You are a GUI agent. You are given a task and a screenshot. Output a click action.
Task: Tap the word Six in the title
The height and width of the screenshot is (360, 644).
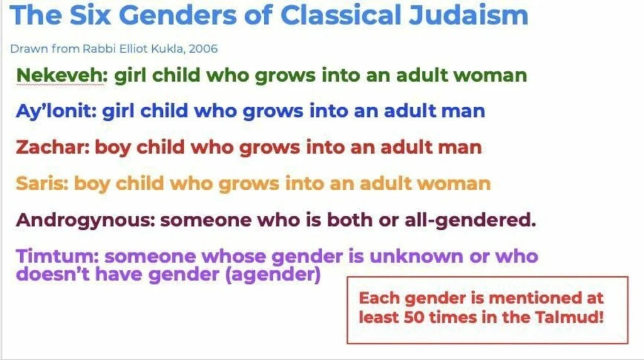(x=91, y=15)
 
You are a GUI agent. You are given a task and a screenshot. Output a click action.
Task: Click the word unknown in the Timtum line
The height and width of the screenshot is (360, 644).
(x=417, y=256)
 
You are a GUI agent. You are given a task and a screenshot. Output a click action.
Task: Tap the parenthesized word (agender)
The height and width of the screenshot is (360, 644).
(x=273, y=275)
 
